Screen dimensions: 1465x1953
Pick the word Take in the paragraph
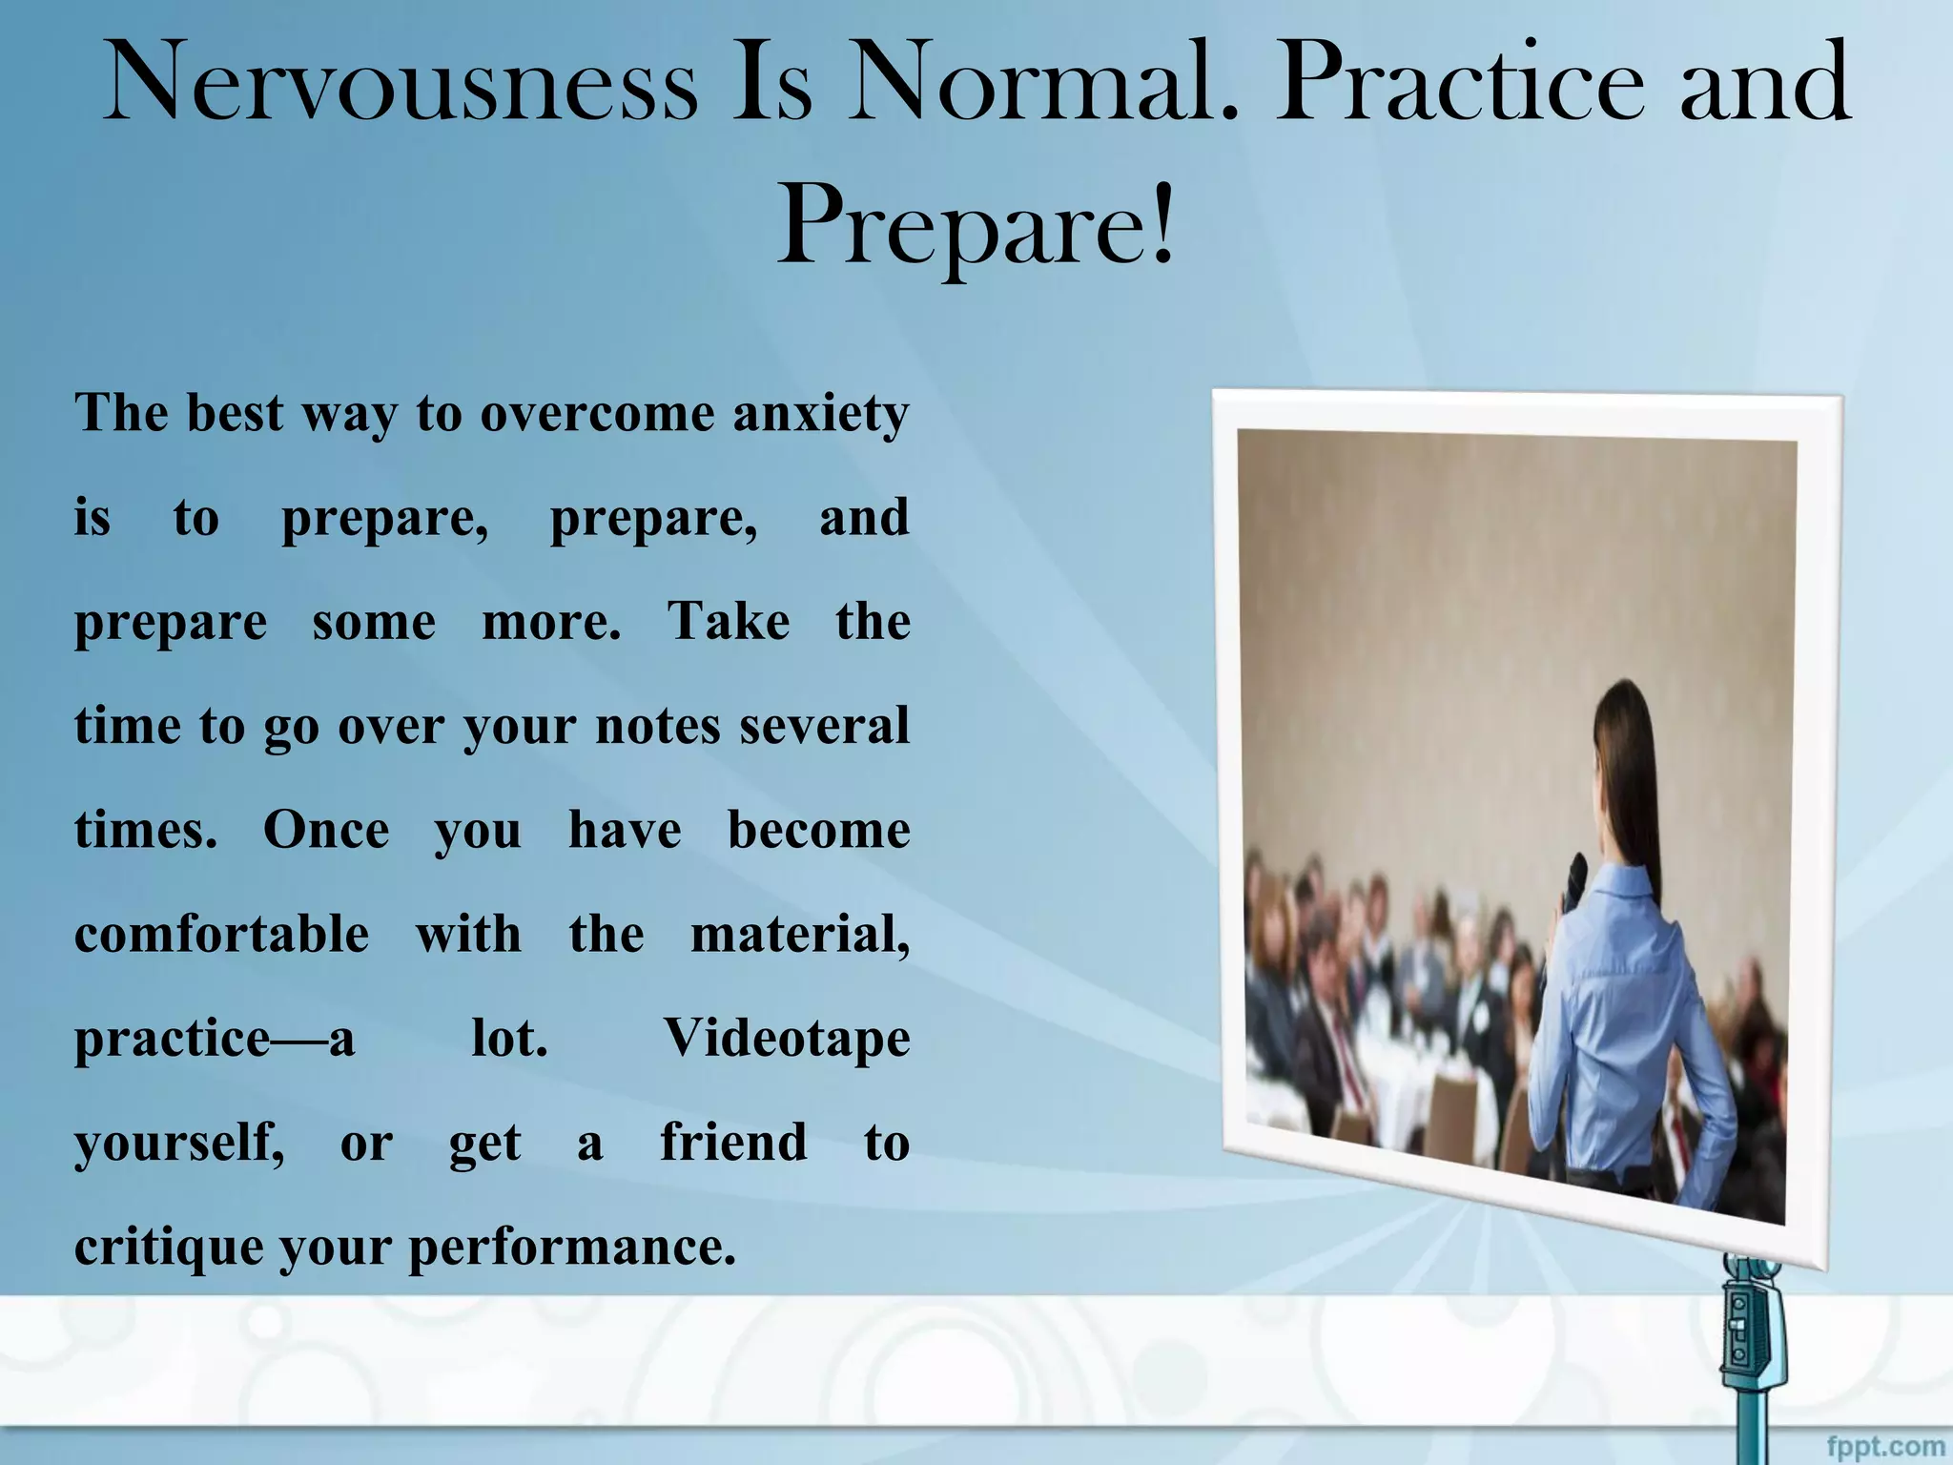click(728, 622)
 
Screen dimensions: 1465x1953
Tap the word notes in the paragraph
click(657, 726)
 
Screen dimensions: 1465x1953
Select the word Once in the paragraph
click(326, 830)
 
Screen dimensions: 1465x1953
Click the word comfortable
click(221, 934)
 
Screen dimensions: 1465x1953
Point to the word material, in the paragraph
click(799, 934)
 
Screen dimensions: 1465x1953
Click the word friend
click(732, 1142)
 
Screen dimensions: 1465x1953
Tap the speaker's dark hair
click(1631, 763)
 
